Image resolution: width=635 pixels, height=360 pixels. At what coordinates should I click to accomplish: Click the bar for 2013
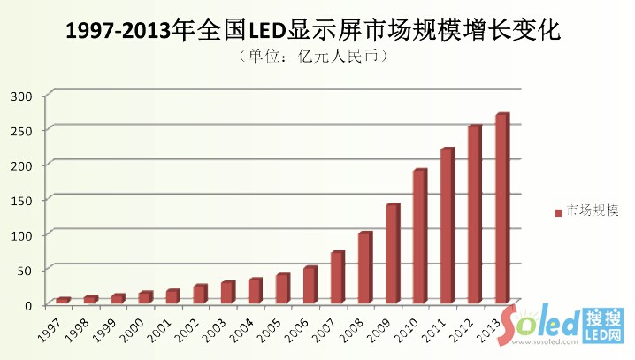point(502,208)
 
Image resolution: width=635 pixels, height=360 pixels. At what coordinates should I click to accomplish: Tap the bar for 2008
point(364,267)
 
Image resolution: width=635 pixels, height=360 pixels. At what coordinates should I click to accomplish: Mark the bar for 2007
point(337,277)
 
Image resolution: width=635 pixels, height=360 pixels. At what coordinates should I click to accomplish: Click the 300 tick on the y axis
point(22,96)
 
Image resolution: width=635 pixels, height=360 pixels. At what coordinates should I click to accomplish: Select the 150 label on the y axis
point(22,200)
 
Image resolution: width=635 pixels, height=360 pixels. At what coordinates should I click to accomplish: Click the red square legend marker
point(558,212)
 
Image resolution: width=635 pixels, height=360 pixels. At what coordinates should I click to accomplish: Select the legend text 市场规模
point(592,211)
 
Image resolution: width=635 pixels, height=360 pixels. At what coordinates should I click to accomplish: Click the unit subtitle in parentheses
point(314,57)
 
